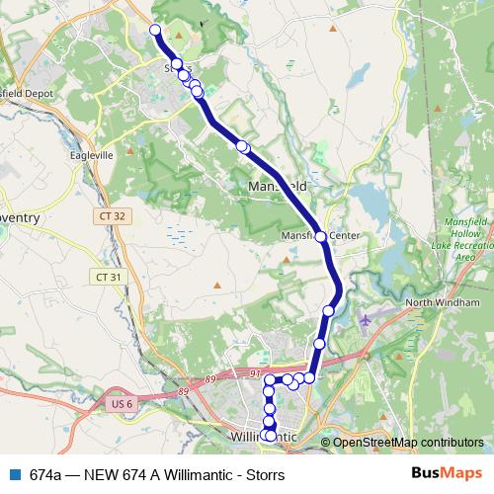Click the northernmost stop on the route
coord(155,30)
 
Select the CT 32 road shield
coord(111,215)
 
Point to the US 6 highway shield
coord(117,404)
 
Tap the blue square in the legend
coord(15,474)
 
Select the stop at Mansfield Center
coord(320,237)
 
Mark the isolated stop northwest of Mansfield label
coord(243,147)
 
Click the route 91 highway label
coord(254,373)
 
